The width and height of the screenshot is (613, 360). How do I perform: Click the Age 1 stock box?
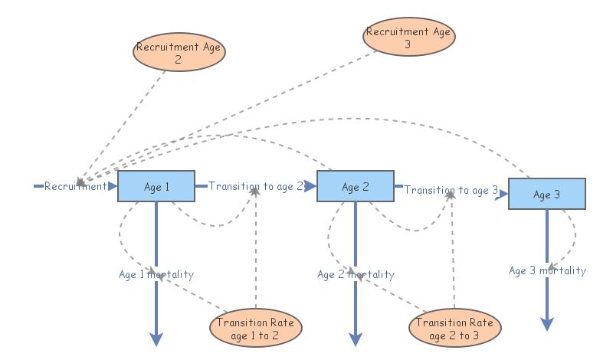pos(156,186)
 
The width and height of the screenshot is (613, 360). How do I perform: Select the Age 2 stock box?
pos(355,186)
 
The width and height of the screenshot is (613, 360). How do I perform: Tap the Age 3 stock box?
pos(547,195)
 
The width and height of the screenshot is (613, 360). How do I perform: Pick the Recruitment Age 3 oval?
pos(409,37)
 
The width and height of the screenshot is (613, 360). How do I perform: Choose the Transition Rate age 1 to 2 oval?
pos(255,328)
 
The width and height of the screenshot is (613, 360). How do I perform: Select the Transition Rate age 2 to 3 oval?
pos(455,328)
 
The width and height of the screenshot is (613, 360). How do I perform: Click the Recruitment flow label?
pos(75,186)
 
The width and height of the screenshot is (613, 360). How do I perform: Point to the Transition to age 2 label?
pos(256,186)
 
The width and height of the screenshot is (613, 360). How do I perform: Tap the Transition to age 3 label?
pos(451,190)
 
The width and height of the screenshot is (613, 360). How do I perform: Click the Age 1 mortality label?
pos(156,274)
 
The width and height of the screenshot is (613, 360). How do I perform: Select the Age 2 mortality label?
pos(356,274)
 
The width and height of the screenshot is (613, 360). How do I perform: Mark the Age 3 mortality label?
pos(547,270)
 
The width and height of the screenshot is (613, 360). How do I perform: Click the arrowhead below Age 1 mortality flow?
pos(156,339)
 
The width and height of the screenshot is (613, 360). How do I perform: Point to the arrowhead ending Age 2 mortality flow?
pos(356,339)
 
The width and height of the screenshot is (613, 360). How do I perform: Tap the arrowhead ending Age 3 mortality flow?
pos(547,324)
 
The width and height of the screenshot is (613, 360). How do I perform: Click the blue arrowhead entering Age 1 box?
pos(113,186)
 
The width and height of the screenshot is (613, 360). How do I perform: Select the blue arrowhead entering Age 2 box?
pos(311,186)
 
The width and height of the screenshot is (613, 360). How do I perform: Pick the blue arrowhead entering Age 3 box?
pos(503,195)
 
